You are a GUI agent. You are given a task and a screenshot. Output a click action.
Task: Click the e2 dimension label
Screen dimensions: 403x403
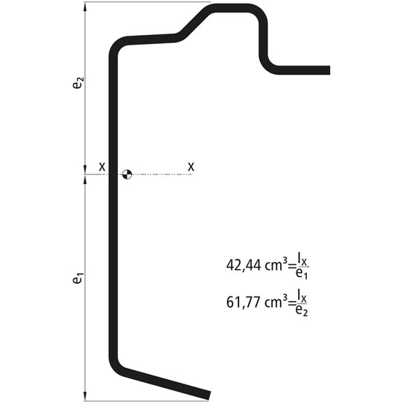click(x=77, y=83)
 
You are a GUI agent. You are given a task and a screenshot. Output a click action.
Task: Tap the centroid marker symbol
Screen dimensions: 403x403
click(x=126, y=174)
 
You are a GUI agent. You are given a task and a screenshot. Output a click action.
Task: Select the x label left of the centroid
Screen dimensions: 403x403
click(x=102, y=167)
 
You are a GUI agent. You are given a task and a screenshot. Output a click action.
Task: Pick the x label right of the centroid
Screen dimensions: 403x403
click(x=191, y=167)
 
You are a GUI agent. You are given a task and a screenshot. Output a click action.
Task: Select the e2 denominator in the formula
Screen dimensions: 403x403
click(x=302, y=311)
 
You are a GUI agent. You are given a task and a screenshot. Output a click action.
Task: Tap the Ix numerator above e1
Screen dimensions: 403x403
click(x=302, y=258)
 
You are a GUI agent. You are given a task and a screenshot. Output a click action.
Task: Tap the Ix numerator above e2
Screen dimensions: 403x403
click(x=302, y=296)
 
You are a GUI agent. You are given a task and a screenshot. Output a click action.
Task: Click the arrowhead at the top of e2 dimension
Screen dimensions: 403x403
click(x=86, y=7)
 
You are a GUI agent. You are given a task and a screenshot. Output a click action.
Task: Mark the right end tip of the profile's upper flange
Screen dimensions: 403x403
click(x=327, y=71)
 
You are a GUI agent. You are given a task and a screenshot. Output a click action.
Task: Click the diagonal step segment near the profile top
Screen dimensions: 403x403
click(x=191, y=23)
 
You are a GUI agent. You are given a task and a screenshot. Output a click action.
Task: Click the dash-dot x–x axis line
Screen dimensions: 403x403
click(x=160, y=174)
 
